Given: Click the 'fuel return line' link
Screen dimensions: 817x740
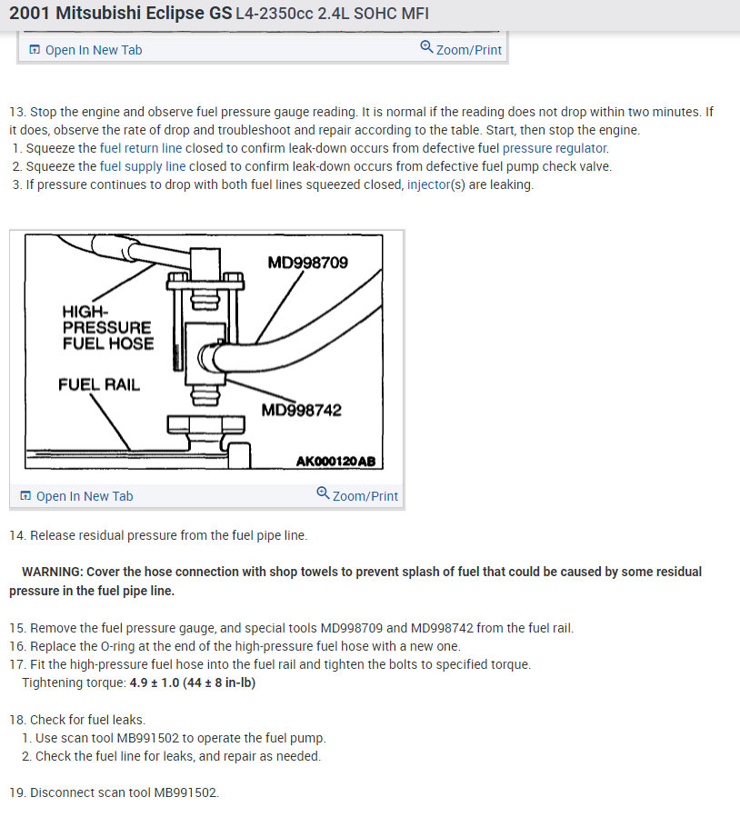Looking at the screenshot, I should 141,148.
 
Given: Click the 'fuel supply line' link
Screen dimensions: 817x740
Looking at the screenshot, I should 143,166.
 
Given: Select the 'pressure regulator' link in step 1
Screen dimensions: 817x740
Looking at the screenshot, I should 555,148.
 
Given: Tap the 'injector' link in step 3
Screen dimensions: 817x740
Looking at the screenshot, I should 428,184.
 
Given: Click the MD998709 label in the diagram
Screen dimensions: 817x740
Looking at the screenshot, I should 307,263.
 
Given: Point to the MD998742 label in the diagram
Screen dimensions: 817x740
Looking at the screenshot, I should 301,410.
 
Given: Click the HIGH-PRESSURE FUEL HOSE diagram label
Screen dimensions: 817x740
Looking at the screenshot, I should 107,327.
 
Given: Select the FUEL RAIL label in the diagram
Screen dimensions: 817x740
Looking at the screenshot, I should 99,384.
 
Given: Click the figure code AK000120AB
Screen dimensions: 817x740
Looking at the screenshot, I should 335,461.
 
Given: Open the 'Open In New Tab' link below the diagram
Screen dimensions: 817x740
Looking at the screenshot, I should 85,496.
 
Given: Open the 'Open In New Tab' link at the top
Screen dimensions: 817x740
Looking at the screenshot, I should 94,50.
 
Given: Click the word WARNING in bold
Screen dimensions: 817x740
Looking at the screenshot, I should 51,572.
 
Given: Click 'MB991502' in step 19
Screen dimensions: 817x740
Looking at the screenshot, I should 185,792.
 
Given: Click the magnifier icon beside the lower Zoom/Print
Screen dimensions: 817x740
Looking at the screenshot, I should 323,493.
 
